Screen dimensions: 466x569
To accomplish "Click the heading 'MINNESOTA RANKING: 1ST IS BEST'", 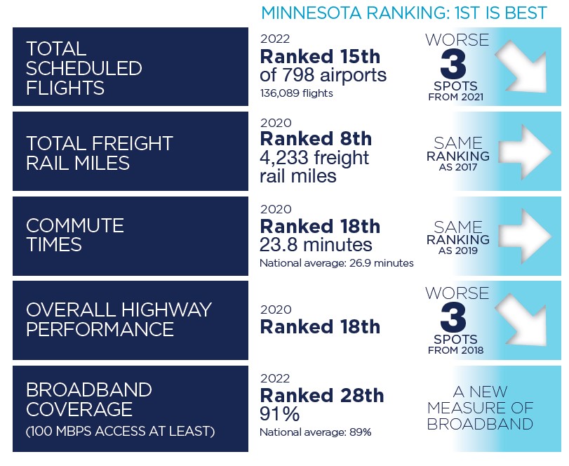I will pos(404,13).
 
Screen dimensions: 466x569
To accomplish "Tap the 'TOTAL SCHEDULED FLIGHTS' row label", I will pos(83,68).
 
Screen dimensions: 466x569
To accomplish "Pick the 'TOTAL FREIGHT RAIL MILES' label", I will pos(99,152).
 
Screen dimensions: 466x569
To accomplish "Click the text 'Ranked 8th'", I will pos(316,139).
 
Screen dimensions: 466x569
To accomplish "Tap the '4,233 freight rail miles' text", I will pos(314,166).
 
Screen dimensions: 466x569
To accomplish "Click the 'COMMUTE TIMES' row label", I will pos(74,235).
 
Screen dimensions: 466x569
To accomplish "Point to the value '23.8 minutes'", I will pos(316,245).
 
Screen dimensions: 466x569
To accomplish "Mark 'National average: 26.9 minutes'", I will pos(336,263).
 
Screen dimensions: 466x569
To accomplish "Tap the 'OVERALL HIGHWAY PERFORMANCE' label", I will pos(119,319).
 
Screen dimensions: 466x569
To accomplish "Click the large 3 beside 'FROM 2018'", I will pos(454,318).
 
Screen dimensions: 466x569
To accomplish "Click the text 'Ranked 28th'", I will pos(321,396).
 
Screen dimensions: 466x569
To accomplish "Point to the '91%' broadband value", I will pos(279,414).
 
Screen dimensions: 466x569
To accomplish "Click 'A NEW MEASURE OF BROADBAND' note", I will pos(480,408).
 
